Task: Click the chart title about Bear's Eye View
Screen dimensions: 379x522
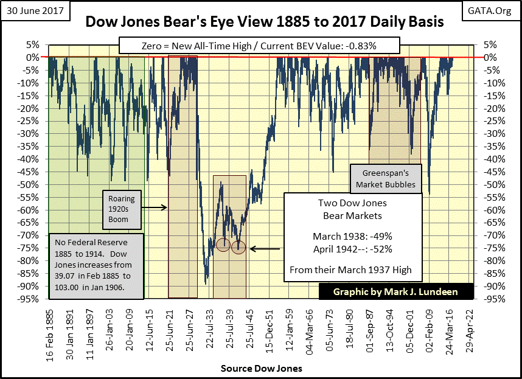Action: click(264, 23)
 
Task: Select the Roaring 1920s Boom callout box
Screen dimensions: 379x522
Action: click(118, 208)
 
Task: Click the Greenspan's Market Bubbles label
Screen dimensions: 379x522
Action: click(386, 178)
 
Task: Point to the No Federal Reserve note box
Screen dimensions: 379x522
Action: click(96, 266)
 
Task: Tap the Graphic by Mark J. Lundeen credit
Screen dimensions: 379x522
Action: click(396, 292)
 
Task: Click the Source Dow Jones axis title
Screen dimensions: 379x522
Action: click(262, 368)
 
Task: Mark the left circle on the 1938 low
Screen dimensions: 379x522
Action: click(223, 245)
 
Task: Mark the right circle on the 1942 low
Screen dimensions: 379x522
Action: click(238, 247)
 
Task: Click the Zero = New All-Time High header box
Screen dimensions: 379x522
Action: click(260, 46)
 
